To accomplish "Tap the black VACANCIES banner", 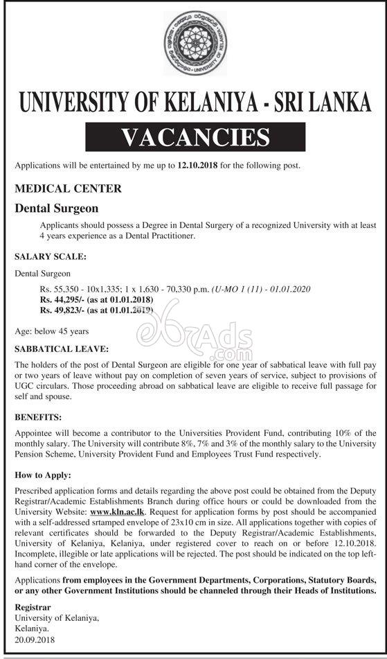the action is (193, 136).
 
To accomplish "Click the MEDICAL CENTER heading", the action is (68, 188).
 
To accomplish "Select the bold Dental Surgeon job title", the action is (57, 208).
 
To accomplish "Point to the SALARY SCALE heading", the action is (51, 256).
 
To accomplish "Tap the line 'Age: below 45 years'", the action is (51, 331).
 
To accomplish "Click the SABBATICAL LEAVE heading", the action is (62, 349).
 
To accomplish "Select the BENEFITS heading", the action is (39, 418).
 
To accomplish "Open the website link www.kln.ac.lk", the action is (113, 510).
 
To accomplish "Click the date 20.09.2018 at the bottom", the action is (35, 640).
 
